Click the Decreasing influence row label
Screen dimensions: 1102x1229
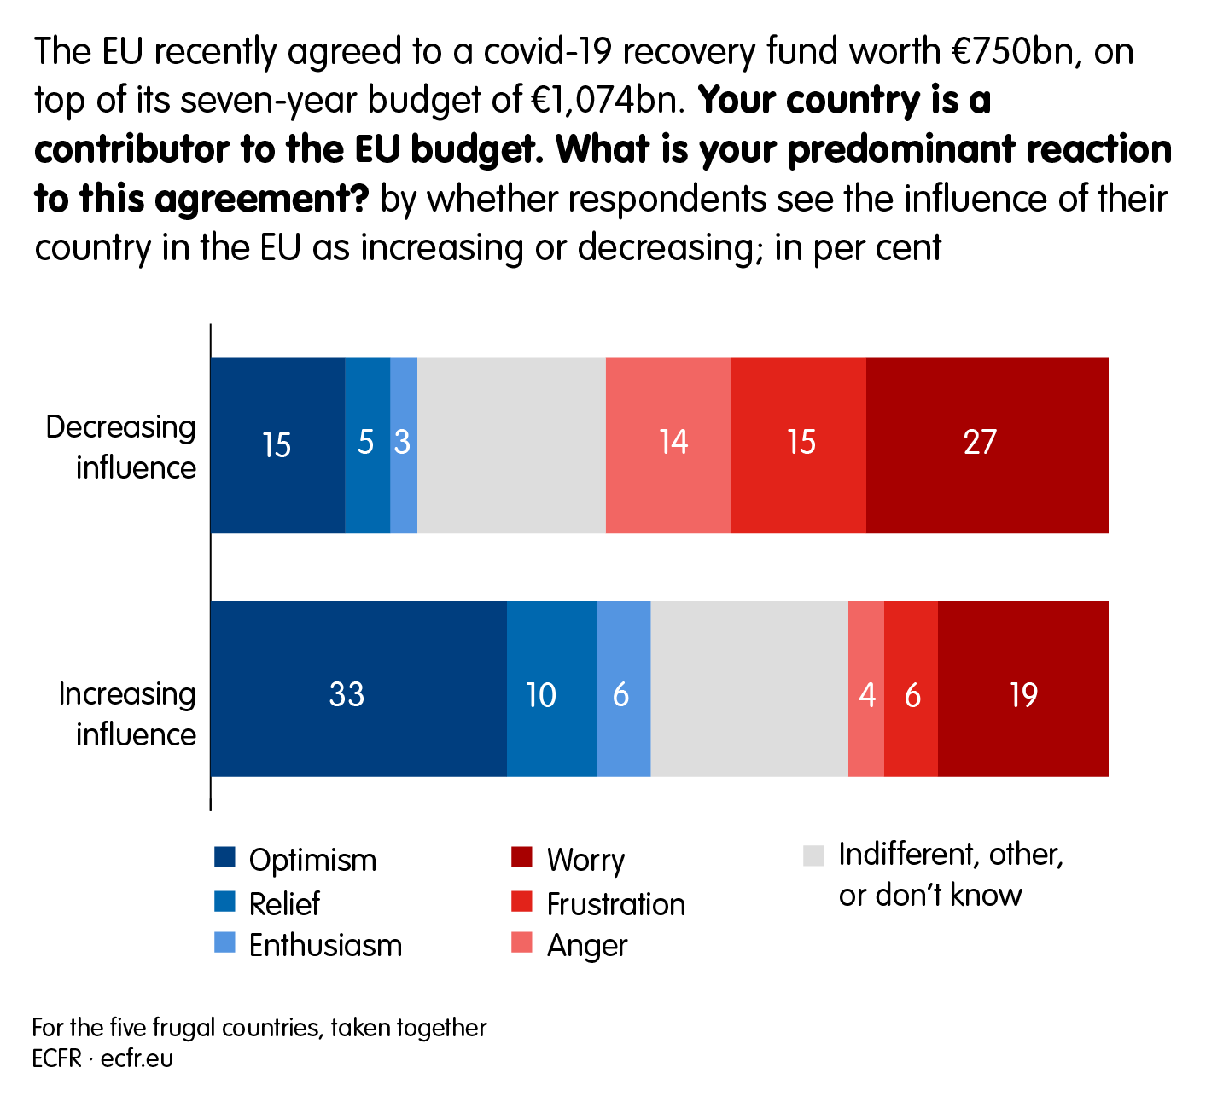[x=121, y=447]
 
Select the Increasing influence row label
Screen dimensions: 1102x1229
[x=126, y=714]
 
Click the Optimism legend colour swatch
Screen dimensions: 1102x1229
[x=224, y=857]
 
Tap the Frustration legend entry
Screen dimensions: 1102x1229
[x=614, y=904]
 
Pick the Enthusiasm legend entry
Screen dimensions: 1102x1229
[x=324, y=946]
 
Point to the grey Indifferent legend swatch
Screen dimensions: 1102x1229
[x=813, y=855]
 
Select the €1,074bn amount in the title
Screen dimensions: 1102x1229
[x=608, y=101]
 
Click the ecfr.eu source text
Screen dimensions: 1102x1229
[x=137, y=1058]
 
